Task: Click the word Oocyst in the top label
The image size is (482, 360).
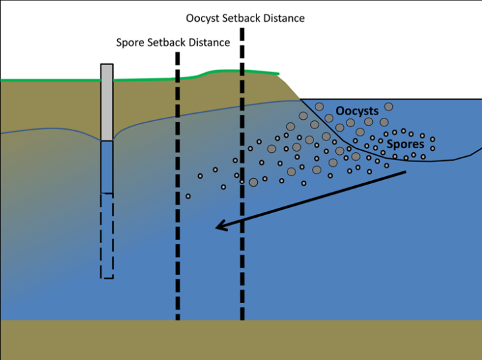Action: (x=202, y=19)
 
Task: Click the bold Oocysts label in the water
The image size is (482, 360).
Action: (x=357, y=111)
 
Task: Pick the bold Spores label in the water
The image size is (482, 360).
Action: (x=405, y=144)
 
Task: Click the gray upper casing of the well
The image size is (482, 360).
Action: (x=107, y=102)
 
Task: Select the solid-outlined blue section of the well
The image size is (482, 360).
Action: (x=107, y=167)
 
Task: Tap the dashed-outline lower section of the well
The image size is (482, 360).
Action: (x=107, y=236)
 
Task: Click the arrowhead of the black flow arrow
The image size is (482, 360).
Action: (x=221, y=226)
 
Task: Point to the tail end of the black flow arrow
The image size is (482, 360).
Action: (x=406, y=171)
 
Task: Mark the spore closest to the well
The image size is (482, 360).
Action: (x=188, y=197)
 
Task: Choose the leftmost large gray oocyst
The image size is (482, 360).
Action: (x=253, y=182)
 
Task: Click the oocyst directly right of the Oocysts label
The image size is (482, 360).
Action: (x=389, y=107)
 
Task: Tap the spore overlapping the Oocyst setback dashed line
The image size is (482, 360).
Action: (x=242, y=182)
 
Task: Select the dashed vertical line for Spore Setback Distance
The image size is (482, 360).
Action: (x=178, y=186)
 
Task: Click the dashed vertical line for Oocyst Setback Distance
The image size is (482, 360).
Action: (x=242, y=174)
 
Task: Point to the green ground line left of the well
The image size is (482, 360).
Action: (x=50, y=80)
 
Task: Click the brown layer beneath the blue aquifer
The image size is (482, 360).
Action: (x=241, y=340)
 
